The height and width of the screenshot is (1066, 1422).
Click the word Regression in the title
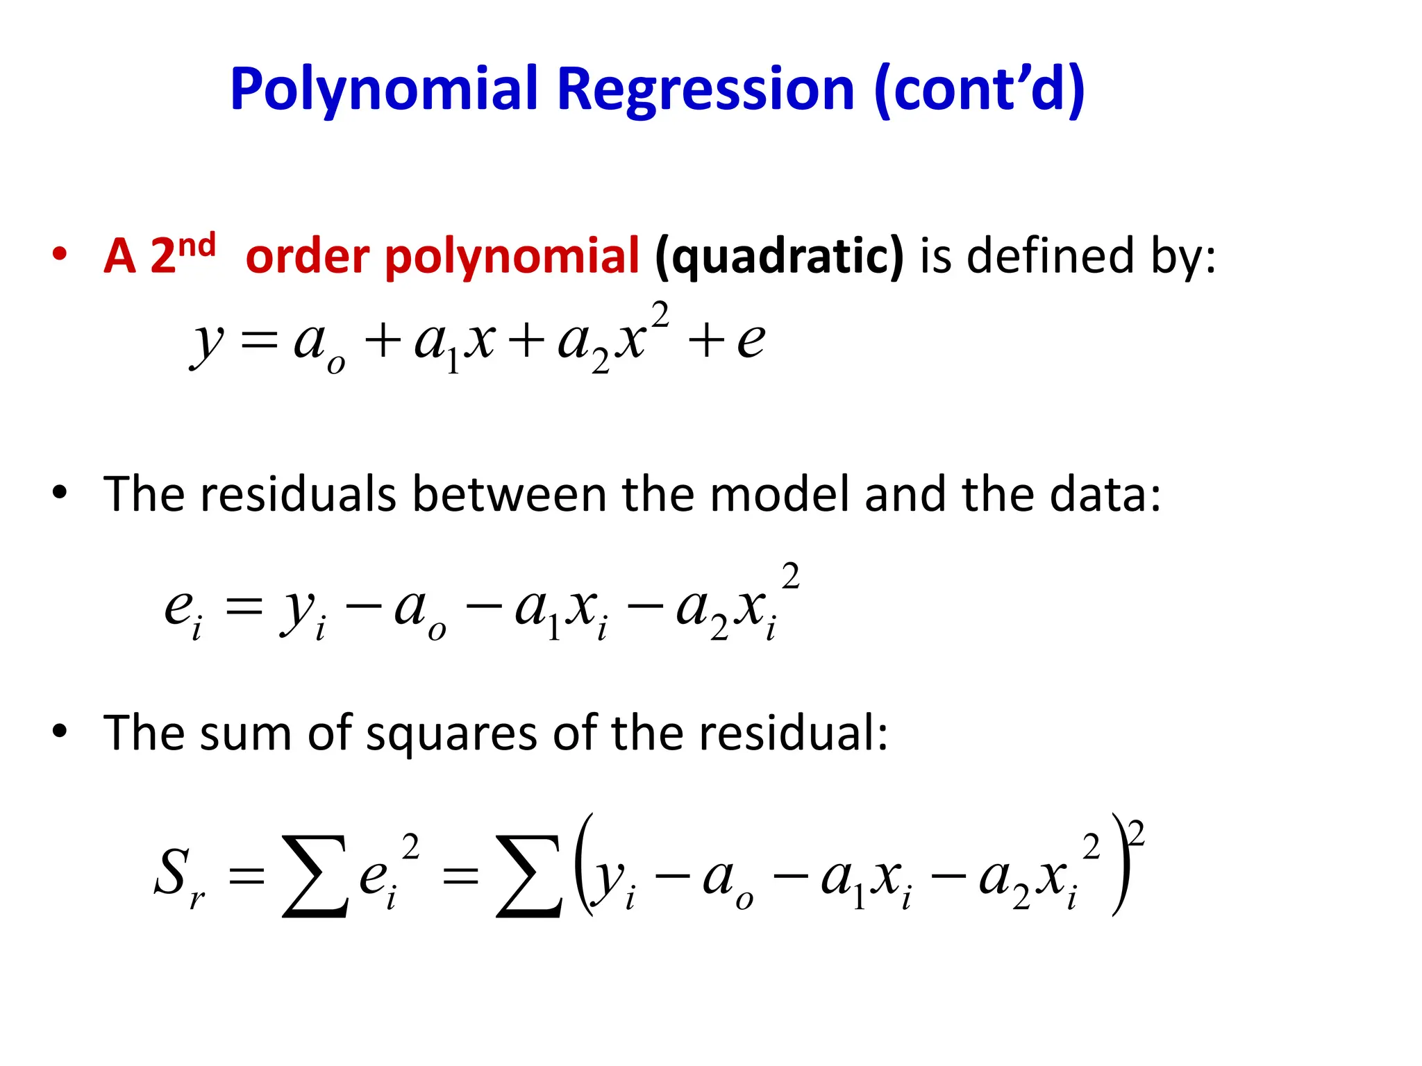click(705, 90)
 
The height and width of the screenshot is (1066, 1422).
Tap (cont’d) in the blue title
click(979, 90)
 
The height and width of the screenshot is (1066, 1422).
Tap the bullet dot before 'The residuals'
click(60, 493)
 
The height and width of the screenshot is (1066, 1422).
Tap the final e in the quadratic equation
click(751, 341)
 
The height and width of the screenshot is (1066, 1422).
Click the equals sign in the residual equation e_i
click(244, 608)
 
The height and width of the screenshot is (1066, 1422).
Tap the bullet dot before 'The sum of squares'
click(60, 731)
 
